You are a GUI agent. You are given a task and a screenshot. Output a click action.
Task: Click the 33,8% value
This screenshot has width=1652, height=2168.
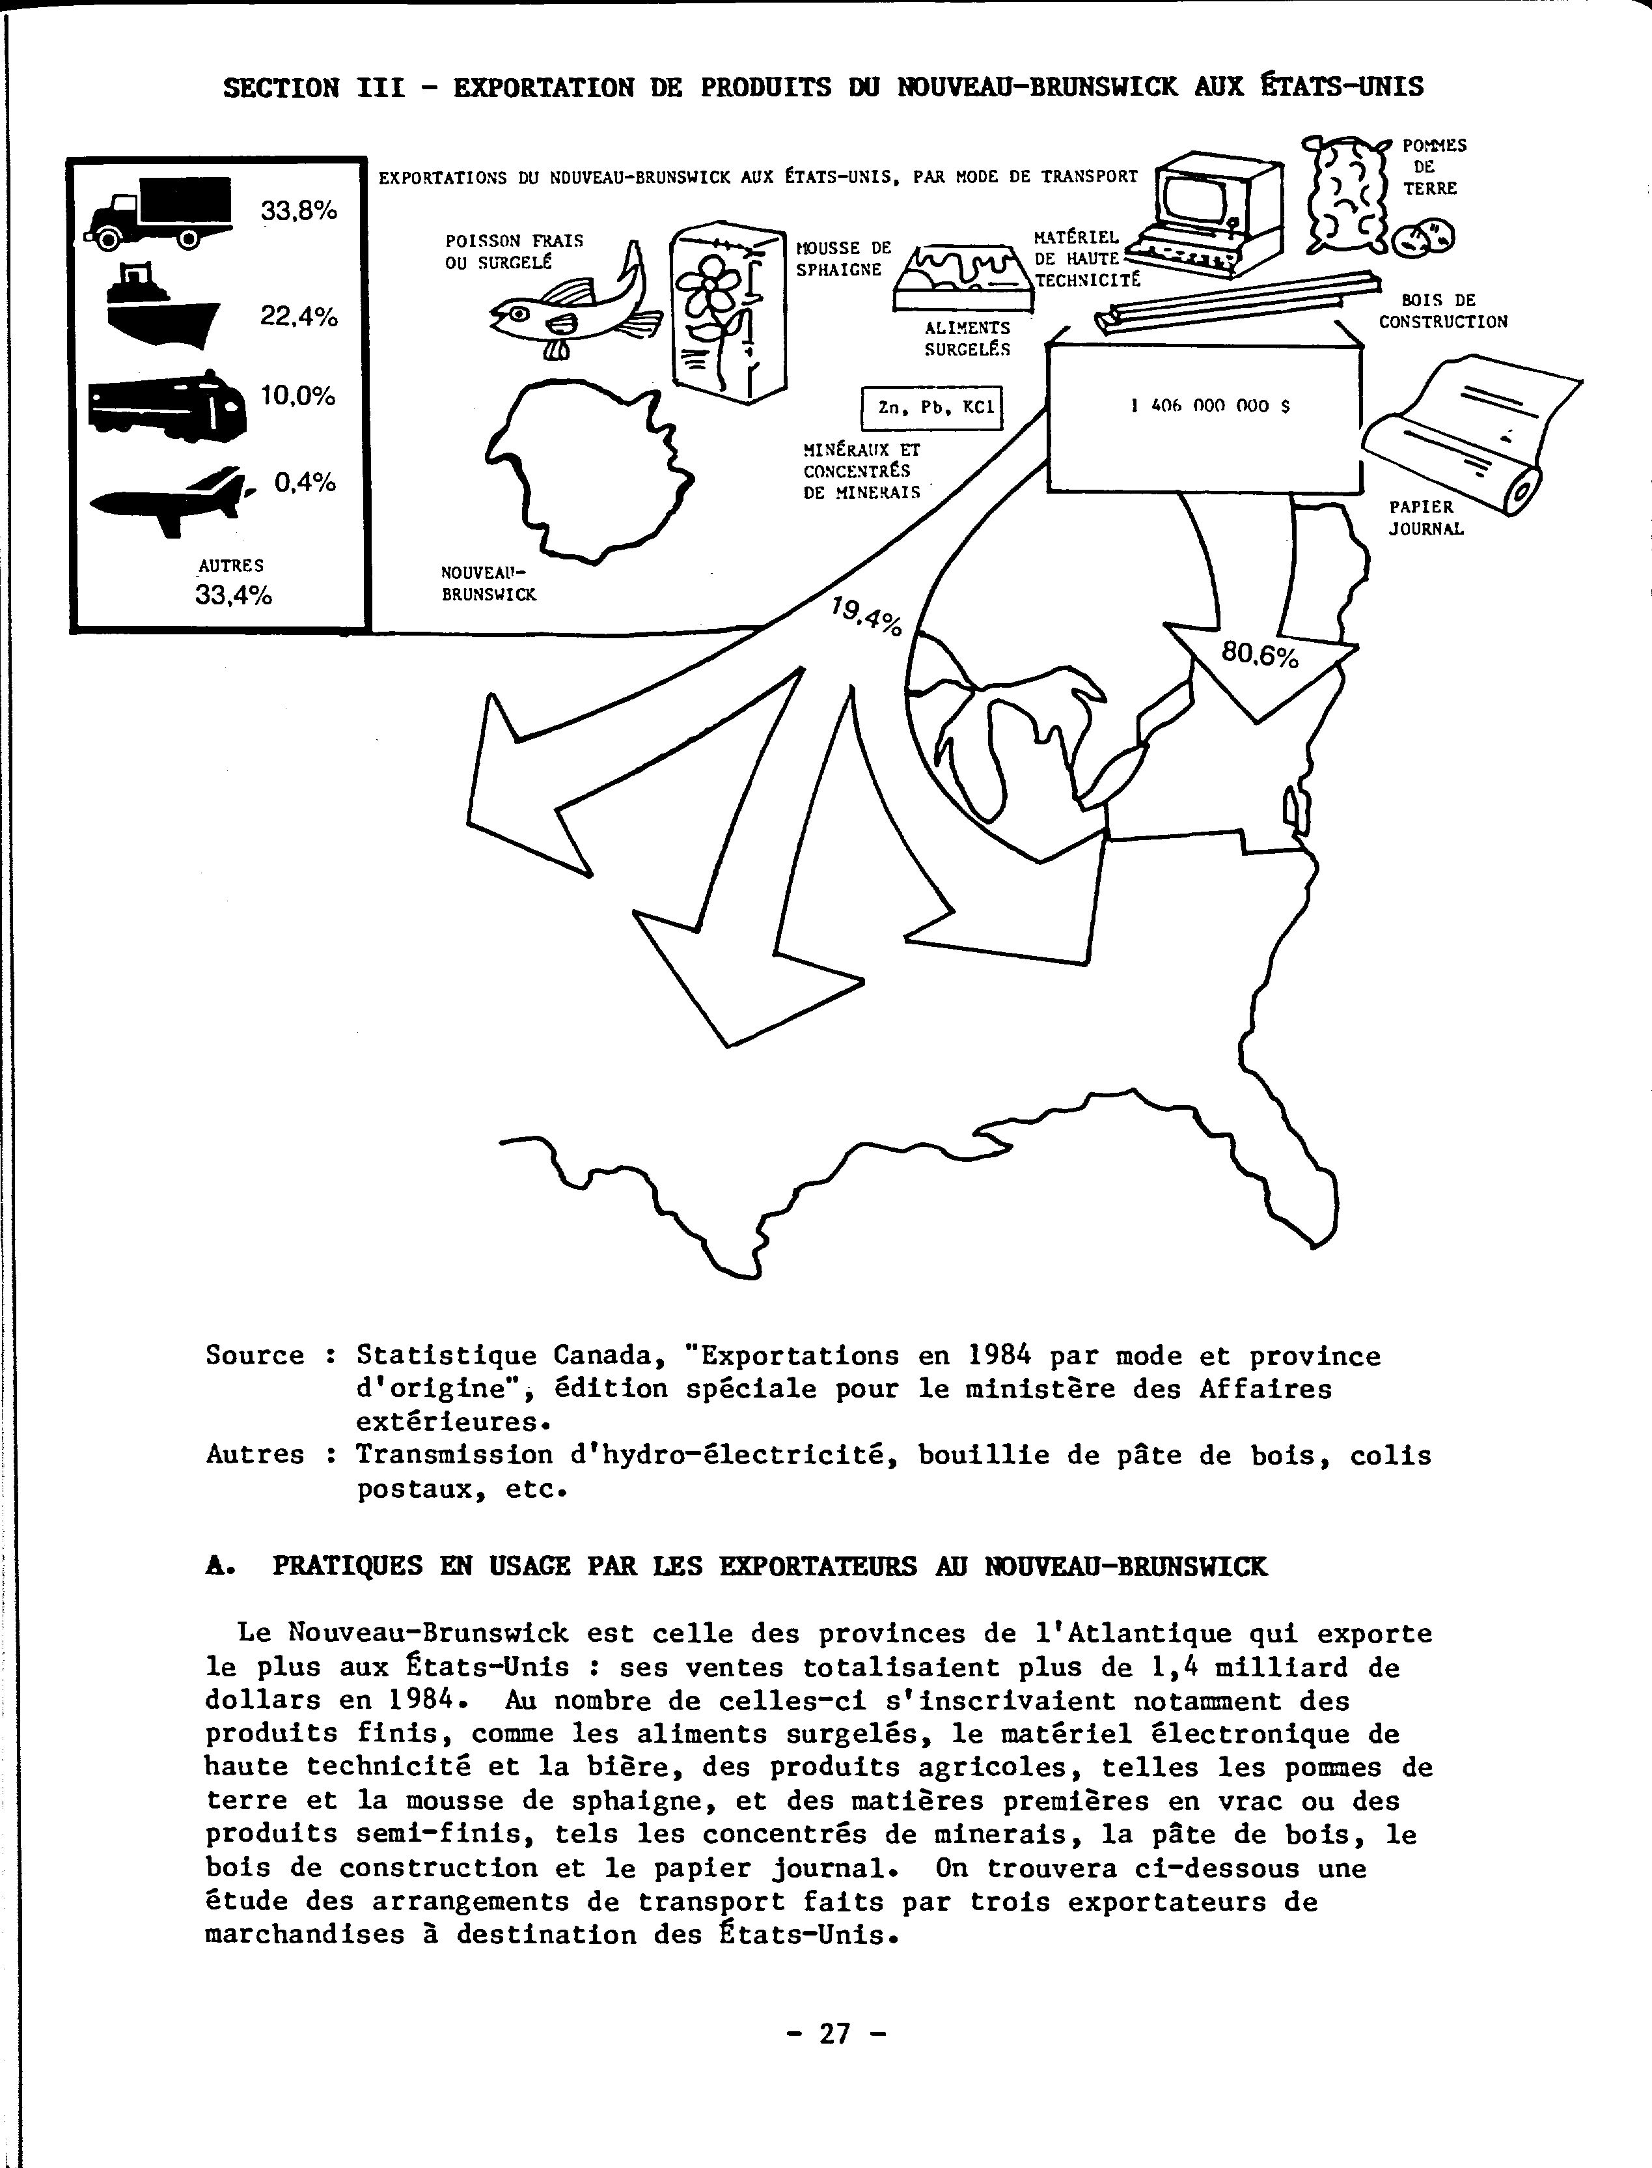point(299,210)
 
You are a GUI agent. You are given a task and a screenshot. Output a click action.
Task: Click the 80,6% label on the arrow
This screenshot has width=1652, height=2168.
point(1260,653)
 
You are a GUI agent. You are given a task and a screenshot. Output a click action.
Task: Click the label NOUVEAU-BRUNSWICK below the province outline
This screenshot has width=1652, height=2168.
point(489,584)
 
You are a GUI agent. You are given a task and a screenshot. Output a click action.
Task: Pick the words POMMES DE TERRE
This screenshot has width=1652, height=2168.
point(1434,166)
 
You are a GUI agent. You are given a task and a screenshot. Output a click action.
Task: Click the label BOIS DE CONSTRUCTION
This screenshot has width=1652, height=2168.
point(1442,311)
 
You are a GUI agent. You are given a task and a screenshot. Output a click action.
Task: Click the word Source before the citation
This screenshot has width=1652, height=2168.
point(255,1355)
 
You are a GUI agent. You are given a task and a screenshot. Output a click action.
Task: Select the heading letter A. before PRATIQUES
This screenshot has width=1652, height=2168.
point(218,1566)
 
